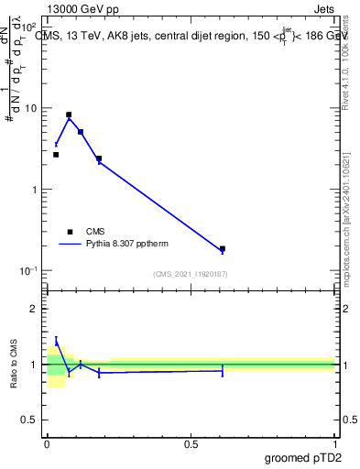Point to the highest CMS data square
click(69, 115)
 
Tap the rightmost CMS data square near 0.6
click(223, 248)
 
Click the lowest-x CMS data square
click(56, 155)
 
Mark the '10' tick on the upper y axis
click(37, 108)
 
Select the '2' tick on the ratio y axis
click(38, 309)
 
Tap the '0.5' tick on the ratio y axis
click(35, 420)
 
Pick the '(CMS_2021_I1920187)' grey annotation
click(191, 274)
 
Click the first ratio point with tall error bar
click(56, 343)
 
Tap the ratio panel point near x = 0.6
click(223, 371)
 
